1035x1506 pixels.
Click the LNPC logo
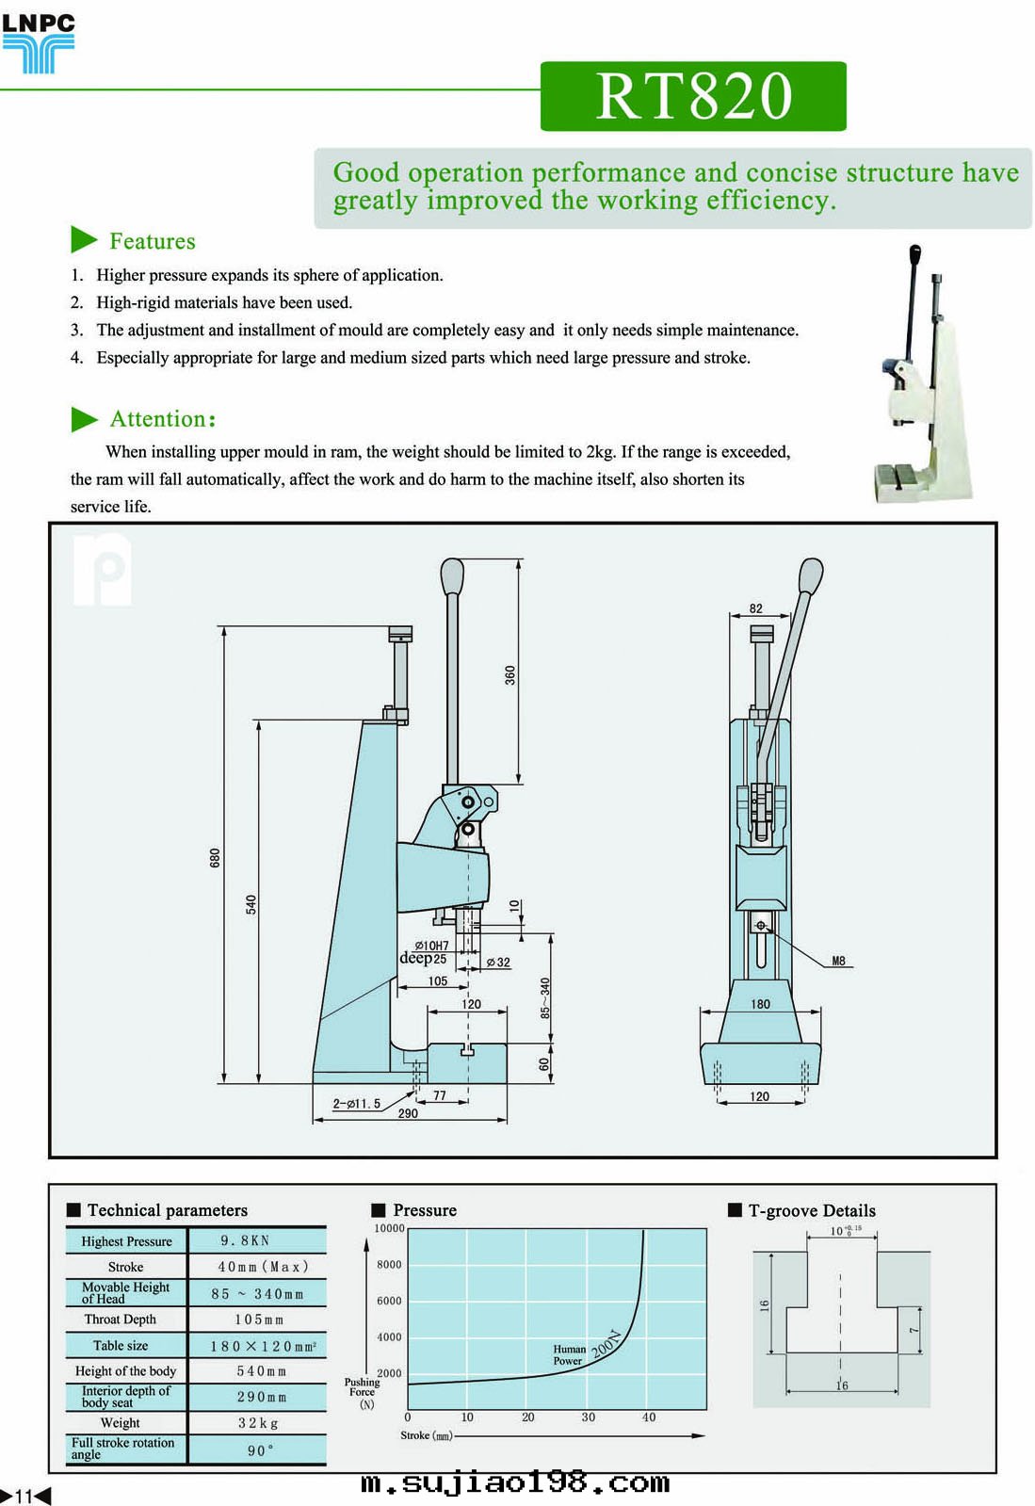[38, 43]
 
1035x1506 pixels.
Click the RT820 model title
[693, 96]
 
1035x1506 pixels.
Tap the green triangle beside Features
[83, 240]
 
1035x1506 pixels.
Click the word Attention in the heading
[157, 419]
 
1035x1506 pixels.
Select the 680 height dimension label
[215, 858]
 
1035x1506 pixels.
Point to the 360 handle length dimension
[509, 674]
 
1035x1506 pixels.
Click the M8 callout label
[838, 962]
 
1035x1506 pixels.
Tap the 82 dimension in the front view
[755, 608]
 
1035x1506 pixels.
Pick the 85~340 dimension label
[544, 998]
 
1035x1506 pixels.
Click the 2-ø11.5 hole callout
[357, 1104]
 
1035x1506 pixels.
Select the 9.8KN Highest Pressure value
[245, 1241]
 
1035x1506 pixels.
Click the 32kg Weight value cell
[258, 1423]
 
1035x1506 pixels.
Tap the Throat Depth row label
[121, 1320]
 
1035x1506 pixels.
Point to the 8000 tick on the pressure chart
[389, 1265]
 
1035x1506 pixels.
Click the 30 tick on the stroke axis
[588, 1417]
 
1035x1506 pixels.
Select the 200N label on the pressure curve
[606, 1343]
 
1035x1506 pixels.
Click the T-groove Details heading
[811, 1211]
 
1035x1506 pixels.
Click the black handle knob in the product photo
[914, 255]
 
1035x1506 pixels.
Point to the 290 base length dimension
[407, 1113]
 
